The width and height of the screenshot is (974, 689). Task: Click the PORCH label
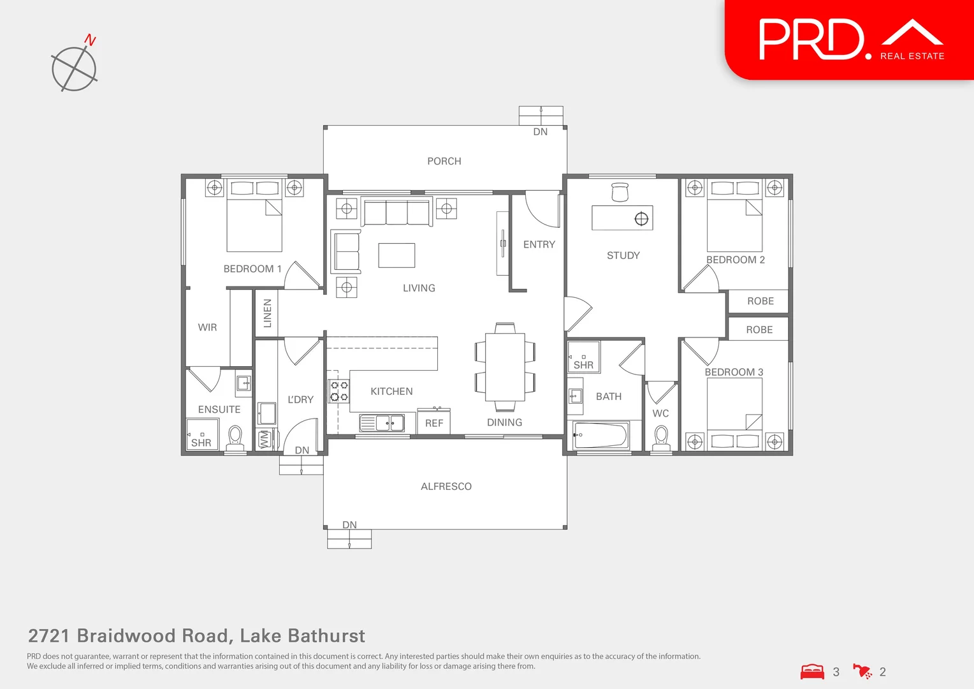pyautogui.click(x=444, y=161)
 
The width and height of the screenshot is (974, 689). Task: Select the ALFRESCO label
pyautogui.click(x=446, y=487)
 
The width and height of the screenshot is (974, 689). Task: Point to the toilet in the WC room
pyautogui.click(x=661, y=437)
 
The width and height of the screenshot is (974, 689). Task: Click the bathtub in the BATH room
pyautogui.click(x=600, y=435)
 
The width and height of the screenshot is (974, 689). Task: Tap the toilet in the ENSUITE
pyautogui.click(x=235, y=437)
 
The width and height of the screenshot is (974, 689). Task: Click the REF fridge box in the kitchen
pyautogui.click(x=434, y=422)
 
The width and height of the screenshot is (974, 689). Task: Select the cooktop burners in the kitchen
pyautogui.click(x=338, y=391)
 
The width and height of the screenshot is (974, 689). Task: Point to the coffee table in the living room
pyautogui.click(x=396, y=255)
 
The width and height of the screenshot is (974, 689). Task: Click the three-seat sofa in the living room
pyautogui.click(x=396, y=212)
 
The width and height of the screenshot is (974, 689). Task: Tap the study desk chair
pyautogui.click(x=620, y=191)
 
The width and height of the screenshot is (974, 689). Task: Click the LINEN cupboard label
pyautogui.click(x=268, y=313)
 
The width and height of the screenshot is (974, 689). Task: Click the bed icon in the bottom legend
pyautogui.click(x=812, y=672)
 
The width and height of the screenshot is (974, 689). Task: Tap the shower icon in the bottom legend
pyautogui.click(x=862, y=672)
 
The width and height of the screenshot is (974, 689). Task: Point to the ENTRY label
pyautogui.click(x=539, y=244)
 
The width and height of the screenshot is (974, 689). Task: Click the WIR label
pyautogui.click(x=207, y=327)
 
